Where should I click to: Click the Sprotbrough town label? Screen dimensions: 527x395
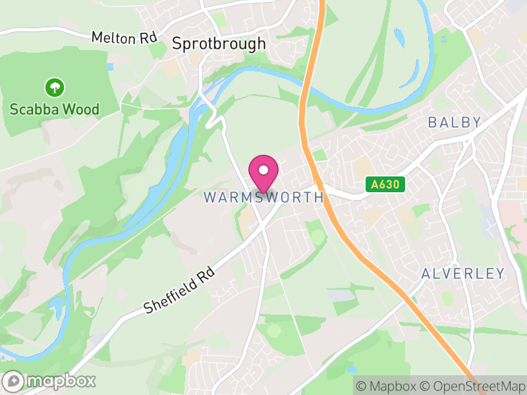click(219, 44)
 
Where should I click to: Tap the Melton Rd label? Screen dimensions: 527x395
click(123, 38)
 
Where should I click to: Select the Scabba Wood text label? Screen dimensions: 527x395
click(55, 109)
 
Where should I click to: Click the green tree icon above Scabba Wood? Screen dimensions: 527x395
click(54, 86)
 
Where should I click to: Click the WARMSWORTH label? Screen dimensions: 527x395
click(263, 197)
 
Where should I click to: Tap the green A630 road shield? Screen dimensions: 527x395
click(385, 185)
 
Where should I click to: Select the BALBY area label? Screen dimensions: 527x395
click(455, 122)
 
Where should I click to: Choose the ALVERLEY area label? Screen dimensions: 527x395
click(462, 274)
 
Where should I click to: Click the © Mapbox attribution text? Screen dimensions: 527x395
click(385, 386)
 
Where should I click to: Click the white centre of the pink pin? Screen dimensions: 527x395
click(263, 170)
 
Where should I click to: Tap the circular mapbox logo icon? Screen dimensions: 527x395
click(13, 381)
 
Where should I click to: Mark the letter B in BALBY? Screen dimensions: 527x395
click(433, 122)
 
